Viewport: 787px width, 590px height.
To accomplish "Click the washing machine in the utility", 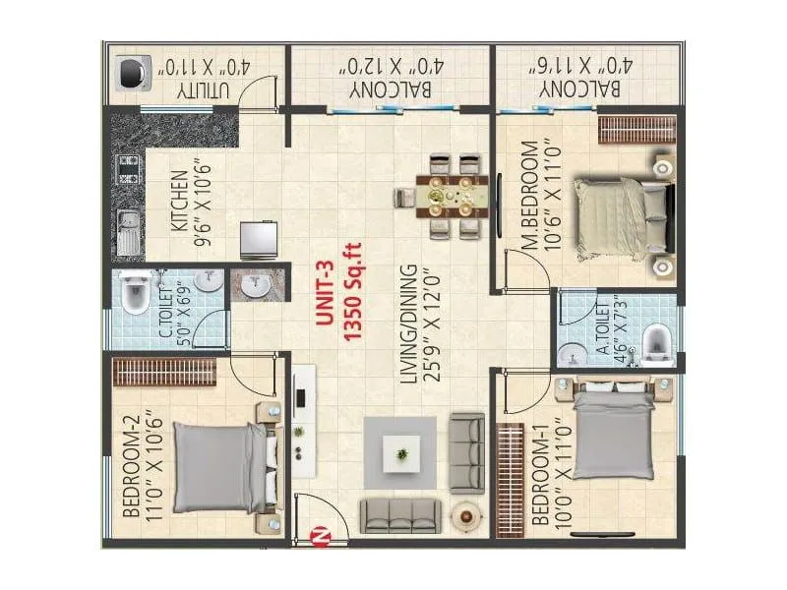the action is tap(133, 73).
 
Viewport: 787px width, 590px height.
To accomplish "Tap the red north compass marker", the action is tap(320, 535).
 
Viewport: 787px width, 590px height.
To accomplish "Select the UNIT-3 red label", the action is tap(326, 293).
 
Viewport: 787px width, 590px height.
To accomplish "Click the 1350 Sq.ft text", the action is tap(352, 292).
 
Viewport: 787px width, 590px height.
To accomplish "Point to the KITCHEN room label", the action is tap(180, 202).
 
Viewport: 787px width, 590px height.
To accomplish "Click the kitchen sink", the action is tap(129, 232).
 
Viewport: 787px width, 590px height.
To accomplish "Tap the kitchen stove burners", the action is tap(128, 169).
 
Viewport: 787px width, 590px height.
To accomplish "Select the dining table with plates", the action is tap(452, 196).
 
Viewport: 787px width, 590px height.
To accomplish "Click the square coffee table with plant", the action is tap(401, 454).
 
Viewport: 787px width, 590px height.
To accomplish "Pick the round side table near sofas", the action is tap(466, 515).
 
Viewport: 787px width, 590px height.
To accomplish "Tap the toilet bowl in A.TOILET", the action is tap(657, 346).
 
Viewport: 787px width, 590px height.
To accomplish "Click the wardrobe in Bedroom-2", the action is tap(164, 372).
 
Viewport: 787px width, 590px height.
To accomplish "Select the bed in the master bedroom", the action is tap(624, 218).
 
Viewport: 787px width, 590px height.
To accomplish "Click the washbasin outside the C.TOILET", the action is tap(257, 286).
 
